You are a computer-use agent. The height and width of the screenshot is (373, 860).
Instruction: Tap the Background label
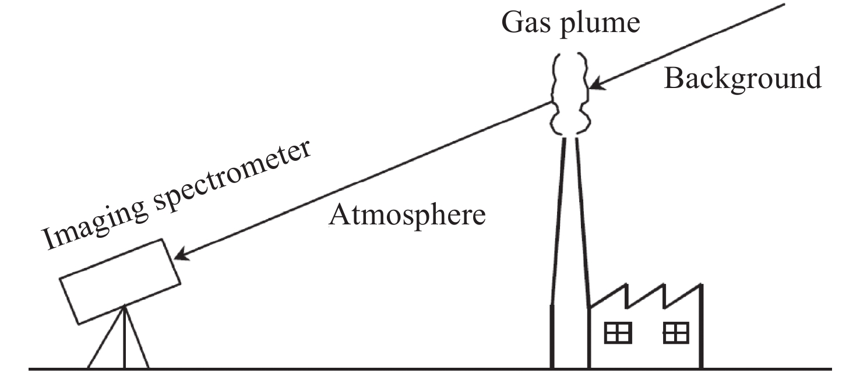point(742,79)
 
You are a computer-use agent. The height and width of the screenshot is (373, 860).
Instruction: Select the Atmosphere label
point(407,216)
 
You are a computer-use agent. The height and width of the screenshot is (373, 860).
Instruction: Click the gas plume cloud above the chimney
point(570,93)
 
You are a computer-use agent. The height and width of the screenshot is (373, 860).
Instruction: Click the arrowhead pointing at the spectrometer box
point(182,255)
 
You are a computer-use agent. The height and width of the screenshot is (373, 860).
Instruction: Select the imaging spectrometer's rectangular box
point(119,281)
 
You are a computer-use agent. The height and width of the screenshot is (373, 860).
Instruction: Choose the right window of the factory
point(676,333)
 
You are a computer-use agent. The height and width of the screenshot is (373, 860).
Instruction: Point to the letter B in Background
point(673,79)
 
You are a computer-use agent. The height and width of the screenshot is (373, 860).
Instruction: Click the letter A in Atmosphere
point(340,215)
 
